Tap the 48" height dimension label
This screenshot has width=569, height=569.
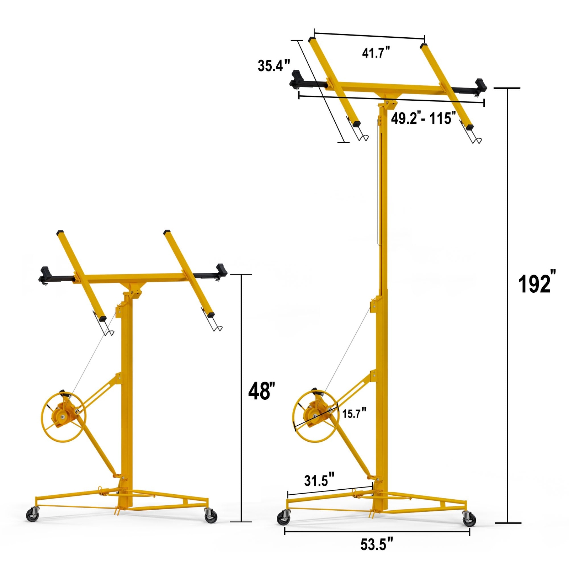click(x=261, y=391)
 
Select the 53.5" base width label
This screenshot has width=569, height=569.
click(x=377, y=544)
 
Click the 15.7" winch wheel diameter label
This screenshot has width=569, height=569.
click(x=354, y=413)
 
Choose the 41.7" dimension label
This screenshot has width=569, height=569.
click(x=376, y=53)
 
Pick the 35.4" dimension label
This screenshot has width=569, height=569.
click(x=273, y=66)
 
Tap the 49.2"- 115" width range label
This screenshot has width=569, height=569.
click(x=423, y=118)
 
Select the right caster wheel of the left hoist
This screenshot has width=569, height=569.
click(x=211, y=516)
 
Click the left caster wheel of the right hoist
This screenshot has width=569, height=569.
click(x=284, y=518)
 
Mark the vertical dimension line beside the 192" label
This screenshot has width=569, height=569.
click(x=507, y=306)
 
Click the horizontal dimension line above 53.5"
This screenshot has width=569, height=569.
click(x=377, y=532)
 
